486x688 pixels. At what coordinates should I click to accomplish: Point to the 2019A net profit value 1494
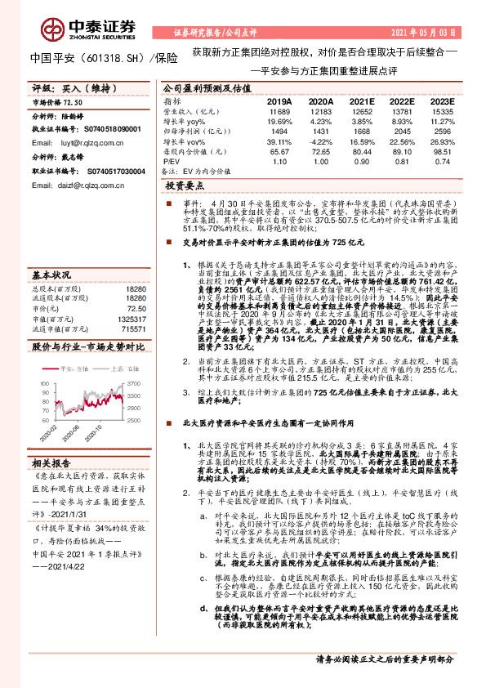tap(279, 131)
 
